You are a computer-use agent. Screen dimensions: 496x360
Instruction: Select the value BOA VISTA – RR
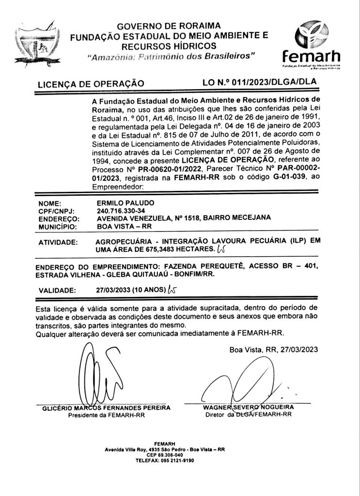coord(118,225)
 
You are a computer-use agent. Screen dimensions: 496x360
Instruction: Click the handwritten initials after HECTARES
coord(221,249)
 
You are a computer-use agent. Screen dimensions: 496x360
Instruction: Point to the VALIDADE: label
coord(57,291)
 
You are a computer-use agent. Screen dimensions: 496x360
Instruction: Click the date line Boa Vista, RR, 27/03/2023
coord(274,350)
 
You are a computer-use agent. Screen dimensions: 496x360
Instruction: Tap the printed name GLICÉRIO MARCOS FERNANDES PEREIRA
coord(106,408)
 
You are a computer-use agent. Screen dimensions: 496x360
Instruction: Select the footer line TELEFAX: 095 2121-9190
coord(164,460)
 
